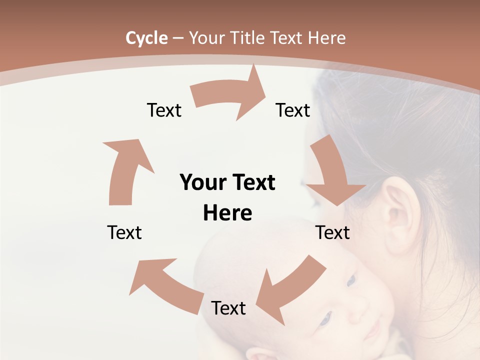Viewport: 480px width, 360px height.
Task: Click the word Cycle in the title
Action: [x=146, y=38]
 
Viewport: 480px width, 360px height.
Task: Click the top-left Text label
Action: [x=164, y=110]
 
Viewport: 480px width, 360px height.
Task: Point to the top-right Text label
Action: [x=293, y=110]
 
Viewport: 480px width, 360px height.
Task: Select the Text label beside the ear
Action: [x=332, y=233]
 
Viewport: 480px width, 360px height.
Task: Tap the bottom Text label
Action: [x=228, y=308]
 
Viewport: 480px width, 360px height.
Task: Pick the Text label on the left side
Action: [x=124, y=233]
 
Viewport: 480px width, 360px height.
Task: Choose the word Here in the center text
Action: [x=227, y=213]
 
